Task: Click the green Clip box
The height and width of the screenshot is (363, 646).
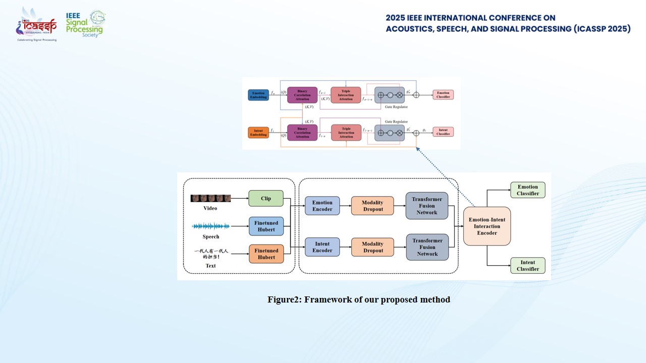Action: coord(266,198)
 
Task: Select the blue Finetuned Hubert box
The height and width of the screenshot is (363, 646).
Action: coord(266,226)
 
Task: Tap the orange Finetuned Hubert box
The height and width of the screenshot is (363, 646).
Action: coord(266,254)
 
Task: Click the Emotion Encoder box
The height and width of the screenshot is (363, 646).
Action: coord(322,206)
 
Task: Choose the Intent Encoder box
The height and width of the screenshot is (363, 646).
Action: coord(322,247)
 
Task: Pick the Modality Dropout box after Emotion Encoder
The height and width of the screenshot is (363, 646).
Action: coord(372,206)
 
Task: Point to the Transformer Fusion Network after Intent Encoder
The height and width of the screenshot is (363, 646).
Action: coord(427,247)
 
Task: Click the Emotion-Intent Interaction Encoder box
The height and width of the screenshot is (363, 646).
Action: coord(487,226)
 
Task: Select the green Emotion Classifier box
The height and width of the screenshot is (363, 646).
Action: coord(528,190)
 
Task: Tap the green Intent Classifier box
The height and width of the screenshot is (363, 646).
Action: coord(528,266)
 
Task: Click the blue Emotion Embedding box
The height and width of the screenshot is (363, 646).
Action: coord(258,95)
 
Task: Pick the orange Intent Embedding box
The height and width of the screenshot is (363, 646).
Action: coord(258,133)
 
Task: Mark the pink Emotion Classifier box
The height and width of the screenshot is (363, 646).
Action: coord(443,95)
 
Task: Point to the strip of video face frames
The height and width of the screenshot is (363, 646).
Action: coord(210,198)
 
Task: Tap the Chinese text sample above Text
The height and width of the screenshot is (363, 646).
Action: coord(211,254)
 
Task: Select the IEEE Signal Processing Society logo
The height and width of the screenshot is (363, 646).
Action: coord(85,24)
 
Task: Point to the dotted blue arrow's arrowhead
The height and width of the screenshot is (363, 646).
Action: coord(418,148)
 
